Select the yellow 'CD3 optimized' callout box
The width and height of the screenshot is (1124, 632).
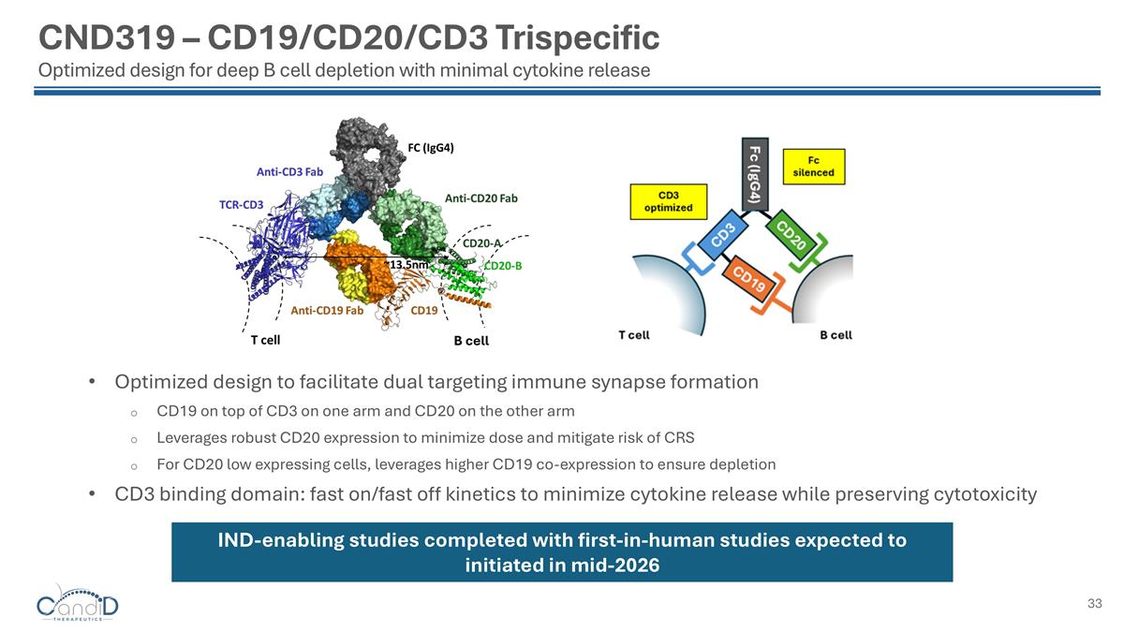click(669, 200)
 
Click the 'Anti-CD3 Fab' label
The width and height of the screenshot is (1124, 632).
click(289, 172)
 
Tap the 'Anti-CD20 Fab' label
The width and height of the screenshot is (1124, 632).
click(481, 198)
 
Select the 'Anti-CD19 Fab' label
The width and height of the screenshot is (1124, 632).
click(326, 310)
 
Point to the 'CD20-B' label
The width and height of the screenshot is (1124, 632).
click(502, 265)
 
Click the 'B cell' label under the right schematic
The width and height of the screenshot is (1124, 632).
click(836, 334)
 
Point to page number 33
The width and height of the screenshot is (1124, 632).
click(1094, 604)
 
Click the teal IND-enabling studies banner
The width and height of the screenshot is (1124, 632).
click(561, 552)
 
